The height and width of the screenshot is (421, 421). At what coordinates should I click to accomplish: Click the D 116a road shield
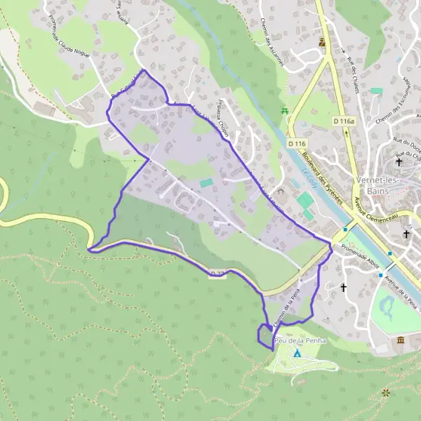(x=345, y=121)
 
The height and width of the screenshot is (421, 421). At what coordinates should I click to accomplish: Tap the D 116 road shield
(x=298, y=144)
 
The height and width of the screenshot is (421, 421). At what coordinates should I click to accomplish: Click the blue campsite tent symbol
(x=298, y=354)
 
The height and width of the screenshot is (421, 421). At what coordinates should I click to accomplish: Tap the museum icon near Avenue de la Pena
(x=401, y=341)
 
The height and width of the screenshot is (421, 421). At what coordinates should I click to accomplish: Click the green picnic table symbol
(x=284, y=111)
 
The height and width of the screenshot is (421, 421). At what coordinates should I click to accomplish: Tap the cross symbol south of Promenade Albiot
(x=344, y=287)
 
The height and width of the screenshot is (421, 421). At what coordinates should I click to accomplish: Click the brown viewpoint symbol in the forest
(x=385, y=393)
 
